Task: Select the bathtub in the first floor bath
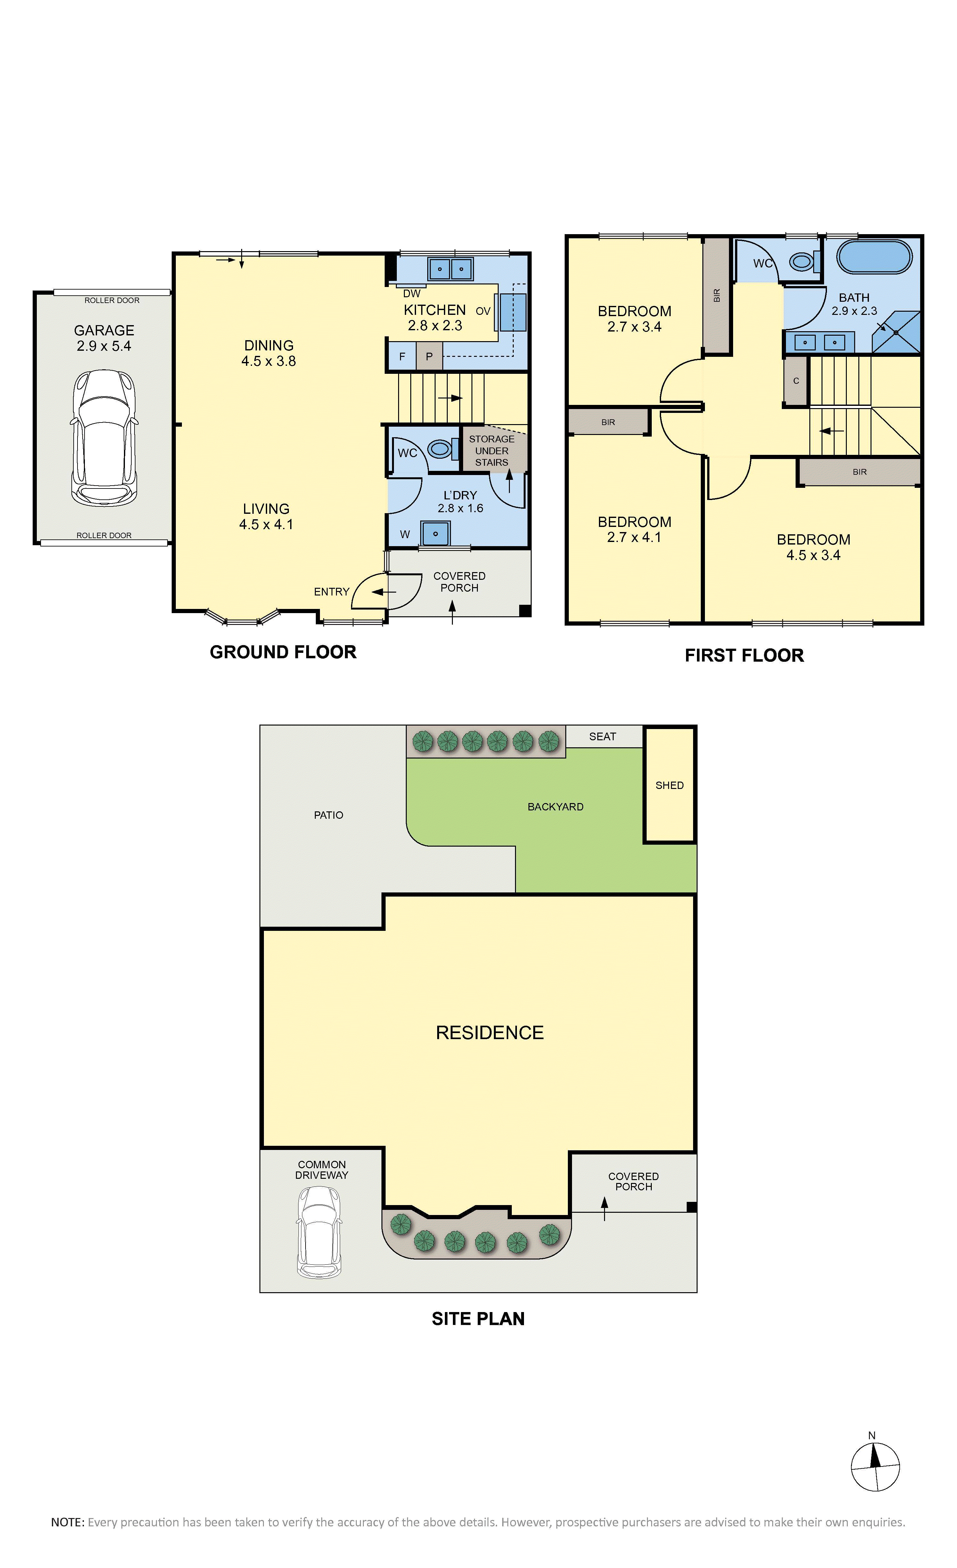pyautogui.click(x=874, y=257)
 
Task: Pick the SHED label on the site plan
pyautogui.click(x=669, y=785)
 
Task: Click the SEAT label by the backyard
pyautogui.click(x=602, y=736)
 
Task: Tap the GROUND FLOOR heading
pyautogui.click(x=283, y=652)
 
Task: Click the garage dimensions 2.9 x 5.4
pyautogui.click(x=104, y=346)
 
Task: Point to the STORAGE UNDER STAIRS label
pyautogui.click(x=492, y=451)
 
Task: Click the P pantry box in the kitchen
pyautogui.click(x=429, y=356)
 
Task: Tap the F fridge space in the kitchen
pyautogui.click(x=402, y=356)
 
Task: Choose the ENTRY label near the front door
pyautogui.click(x=331, y=592)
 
